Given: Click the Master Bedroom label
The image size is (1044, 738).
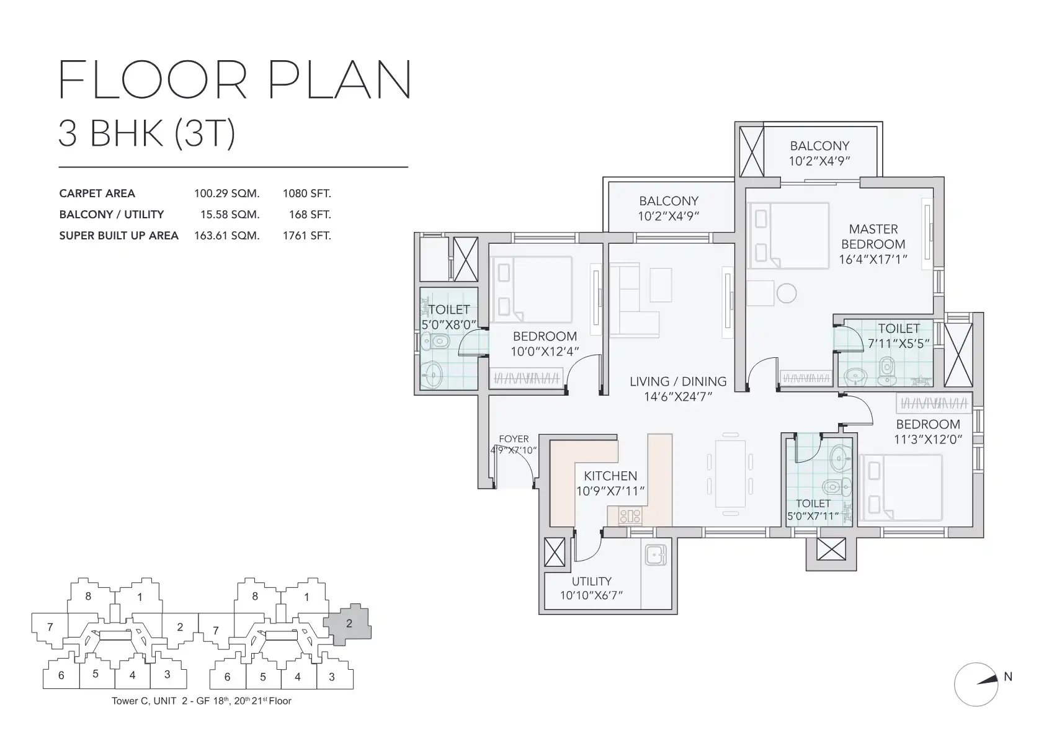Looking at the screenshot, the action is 873,236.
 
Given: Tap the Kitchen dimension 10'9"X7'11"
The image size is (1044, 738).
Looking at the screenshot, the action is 610,491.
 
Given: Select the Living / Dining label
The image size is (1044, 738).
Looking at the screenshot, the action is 678,381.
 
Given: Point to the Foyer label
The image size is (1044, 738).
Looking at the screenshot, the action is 514,439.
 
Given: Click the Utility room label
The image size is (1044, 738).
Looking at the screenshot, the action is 591,582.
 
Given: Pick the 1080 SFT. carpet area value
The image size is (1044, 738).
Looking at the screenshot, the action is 306,193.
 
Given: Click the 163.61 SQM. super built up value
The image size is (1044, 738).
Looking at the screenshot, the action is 226,236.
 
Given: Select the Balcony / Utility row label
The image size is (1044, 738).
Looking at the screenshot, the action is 112,215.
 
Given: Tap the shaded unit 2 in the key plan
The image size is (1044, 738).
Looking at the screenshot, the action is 348,625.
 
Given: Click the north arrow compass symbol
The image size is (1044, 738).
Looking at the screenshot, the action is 976,685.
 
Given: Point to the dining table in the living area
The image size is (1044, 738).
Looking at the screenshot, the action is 730,473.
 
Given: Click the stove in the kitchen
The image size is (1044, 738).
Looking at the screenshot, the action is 630,516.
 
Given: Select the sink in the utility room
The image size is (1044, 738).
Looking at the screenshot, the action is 656,556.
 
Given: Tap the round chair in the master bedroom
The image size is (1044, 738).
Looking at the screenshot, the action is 787,293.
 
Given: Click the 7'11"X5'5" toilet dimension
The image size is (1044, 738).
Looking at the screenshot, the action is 899,344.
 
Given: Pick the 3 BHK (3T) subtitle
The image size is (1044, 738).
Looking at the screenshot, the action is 147,134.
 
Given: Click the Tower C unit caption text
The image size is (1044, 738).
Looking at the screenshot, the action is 202,701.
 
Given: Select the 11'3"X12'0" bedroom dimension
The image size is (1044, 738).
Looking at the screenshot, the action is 928,439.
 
